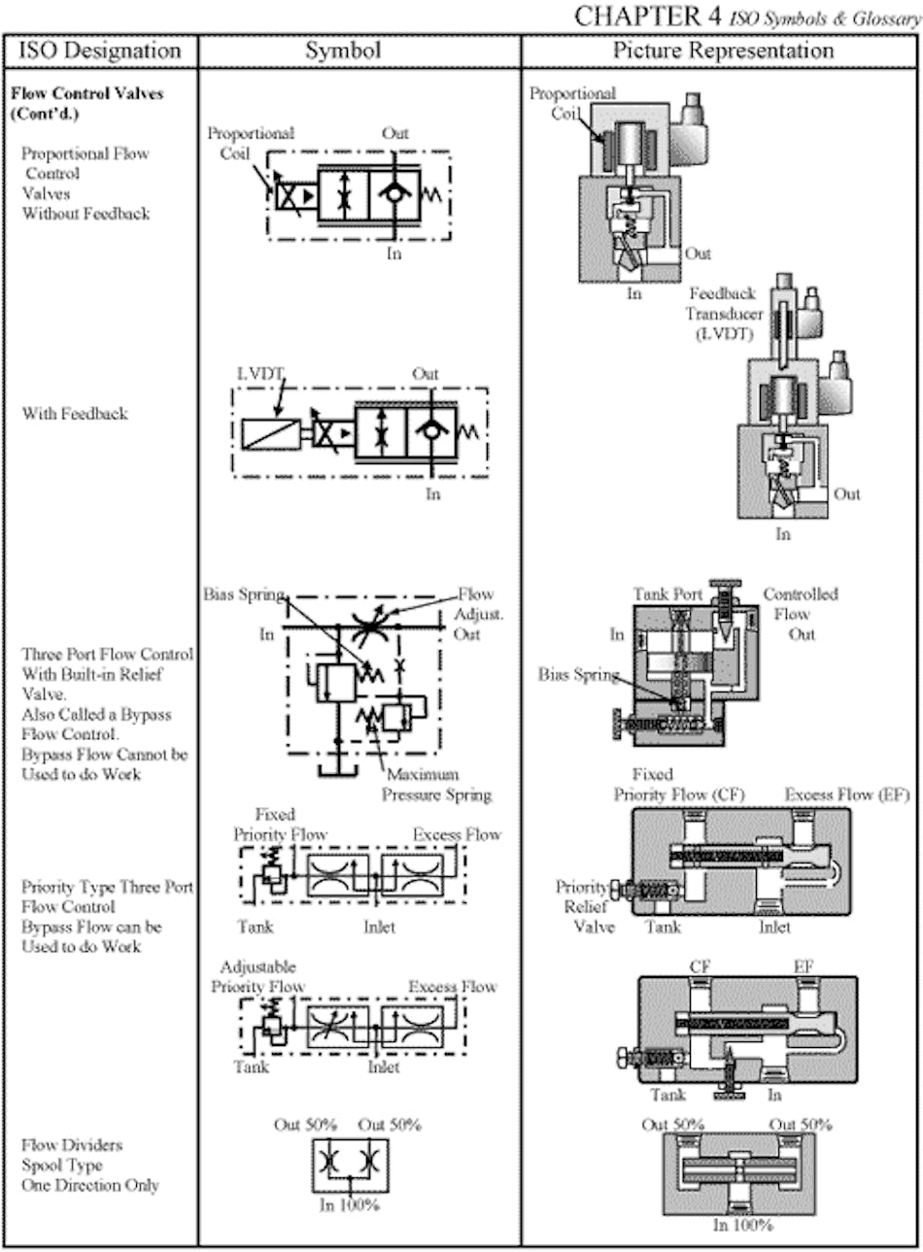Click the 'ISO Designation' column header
100,51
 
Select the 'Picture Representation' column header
723,51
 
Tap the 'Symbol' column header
343,51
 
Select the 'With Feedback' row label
75,414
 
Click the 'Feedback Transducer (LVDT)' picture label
724,314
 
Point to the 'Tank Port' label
668,594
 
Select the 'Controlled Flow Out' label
801,614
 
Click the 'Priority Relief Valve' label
584,906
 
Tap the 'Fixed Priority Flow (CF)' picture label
678,785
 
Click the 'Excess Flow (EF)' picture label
846,795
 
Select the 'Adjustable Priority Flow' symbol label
258,977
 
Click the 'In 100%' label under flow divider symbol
350,1205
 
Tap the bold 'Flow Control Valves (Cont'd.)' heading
86,104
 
